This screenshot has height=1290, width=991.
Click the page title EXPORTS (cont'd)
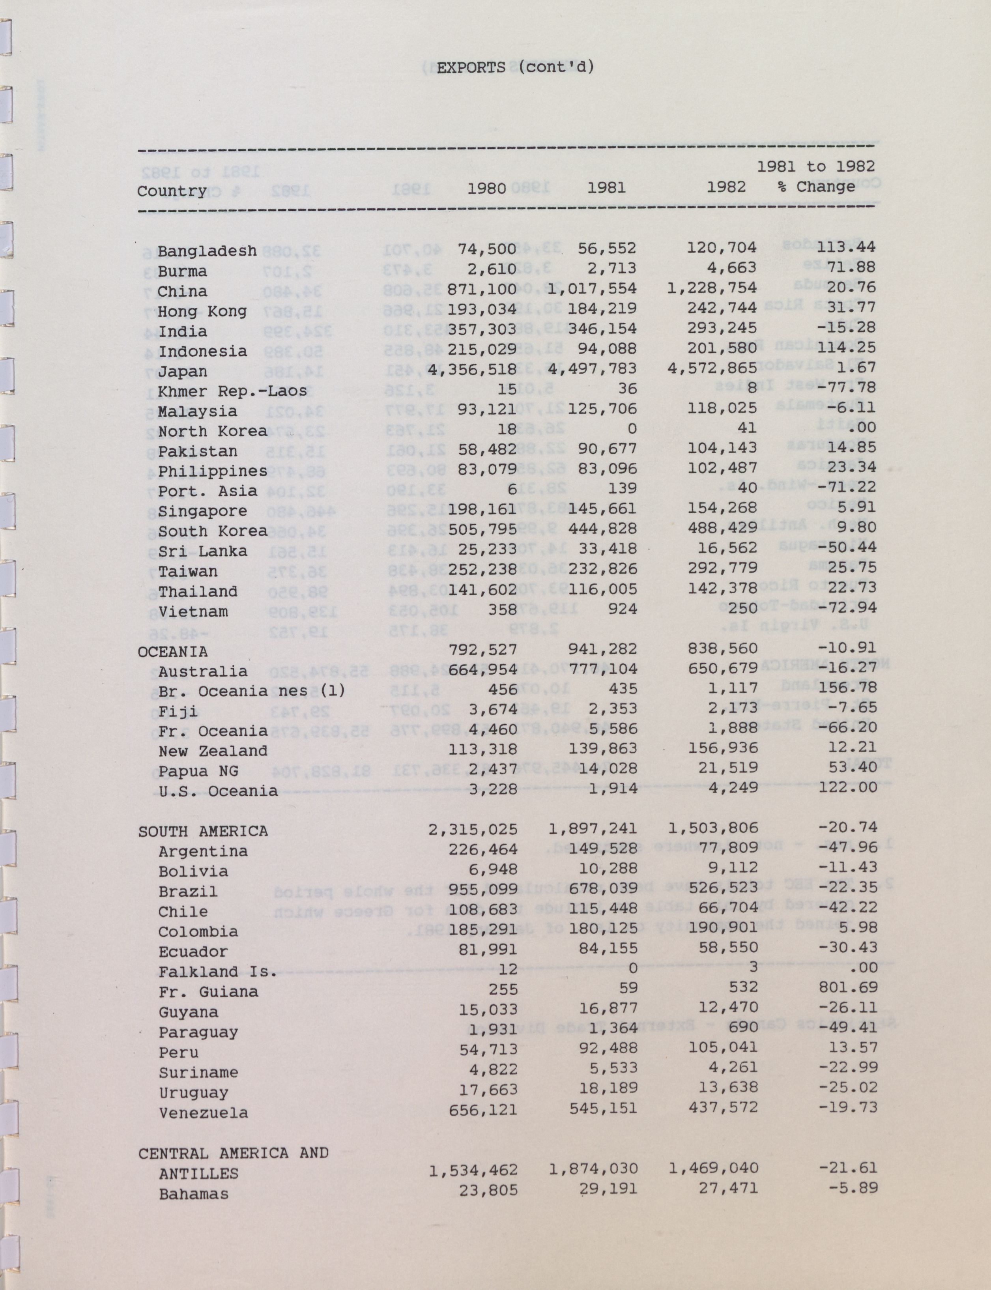pos(515,67)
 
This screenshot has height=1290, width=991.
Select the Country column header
pos(172,191)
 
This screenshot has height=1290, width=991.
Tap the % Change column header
pos(816,187)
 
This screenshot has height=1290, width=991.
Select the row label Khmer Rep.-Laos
pos(232,391)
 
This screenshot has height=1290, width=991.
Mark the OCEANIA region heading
pos(172,651)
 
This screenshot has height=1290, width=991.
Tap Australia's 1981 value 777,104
pos(602,669)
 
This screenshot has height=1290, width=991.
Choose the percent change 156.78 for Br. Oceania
pos(848,688)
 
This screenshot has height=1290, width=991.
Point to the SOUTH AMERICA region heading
pos(203,831)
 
